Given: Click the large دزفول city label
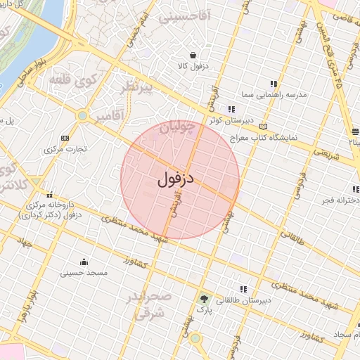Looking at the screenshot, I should pos(176,179).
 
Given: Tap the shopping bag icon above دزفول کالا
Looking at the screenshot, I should pos(193,56).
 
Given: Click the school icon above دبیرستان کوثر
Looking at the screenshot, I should pos(230,108).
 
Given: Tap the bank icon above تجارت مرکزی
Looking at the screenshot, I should pos(65,138).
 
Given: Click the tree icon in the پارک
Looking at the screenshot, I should pos(204,298).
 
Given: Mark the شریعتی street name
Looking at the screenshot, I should pos(325,153).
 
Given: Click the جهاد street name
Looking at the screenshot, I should pos(28,244).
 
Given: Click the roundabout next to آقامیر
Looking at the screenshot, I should pos(82,115).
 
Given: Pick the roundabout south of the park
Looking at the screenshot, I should pos(195,338).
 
